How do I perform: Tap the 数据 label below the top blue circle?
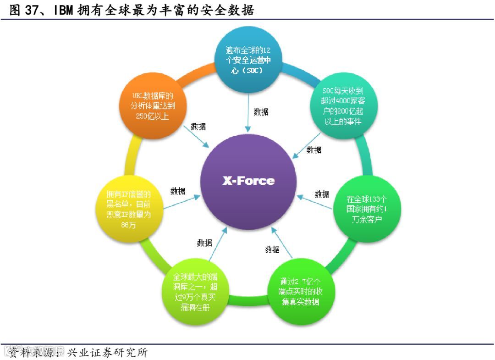pos(261,111)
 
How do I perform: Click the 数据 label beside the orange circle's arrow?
pos(198,127)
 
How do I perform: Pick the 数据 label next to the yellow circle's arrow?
pos(178,191)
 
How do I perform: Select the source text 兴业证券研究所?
pos(107,353)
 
